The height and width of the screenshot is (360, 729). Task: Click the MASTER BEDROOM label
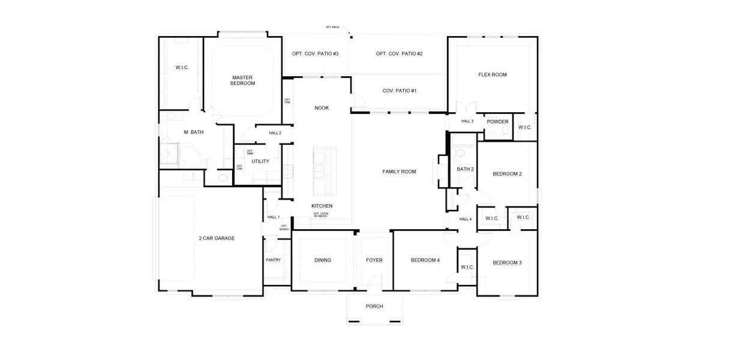click(242, 80)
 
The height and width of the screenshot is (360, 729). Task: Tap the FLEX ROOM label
click(492, 75)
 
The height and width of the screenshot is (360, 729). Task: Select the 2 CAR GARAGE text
click(217, 238)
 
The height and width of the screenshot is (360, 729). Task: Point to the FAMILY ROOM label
click(399, 172)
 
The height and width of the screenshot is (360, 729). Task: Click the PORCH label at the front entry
click(374, 306)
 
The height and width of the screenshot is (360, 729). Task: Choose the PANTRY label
click(273, 260)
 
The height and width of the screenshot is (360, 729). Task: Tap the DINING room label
click(323, 260)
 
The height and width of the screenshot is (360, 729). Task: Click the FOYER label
click(374, 260)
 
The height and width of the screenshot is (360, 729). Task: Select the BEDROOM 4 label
click(425, 260)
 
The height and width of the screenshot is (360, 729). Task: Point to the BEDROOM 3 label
click(507, 262)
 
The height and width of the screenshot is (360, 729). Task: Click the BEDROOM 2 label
click(507, 174)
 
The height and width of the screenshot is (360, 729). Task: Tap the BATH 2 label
click(465, 169)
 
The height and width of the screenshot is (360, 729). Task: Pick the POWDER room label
click(497, 122)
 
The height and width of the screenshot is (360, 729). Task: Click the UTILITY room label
click(260, 161)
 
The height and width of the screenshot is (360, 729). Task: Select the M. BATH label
click(194, 132)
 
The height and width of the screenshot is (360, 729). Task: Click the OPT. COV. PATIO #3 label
click(315, 54)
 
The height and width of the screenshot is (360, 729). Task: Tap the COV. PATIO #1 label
click(399, 91)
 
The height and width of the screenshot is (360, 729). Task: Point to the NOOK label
click(322, 108)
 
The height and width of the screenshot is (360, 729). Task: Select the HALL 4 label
click(466, 219)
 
